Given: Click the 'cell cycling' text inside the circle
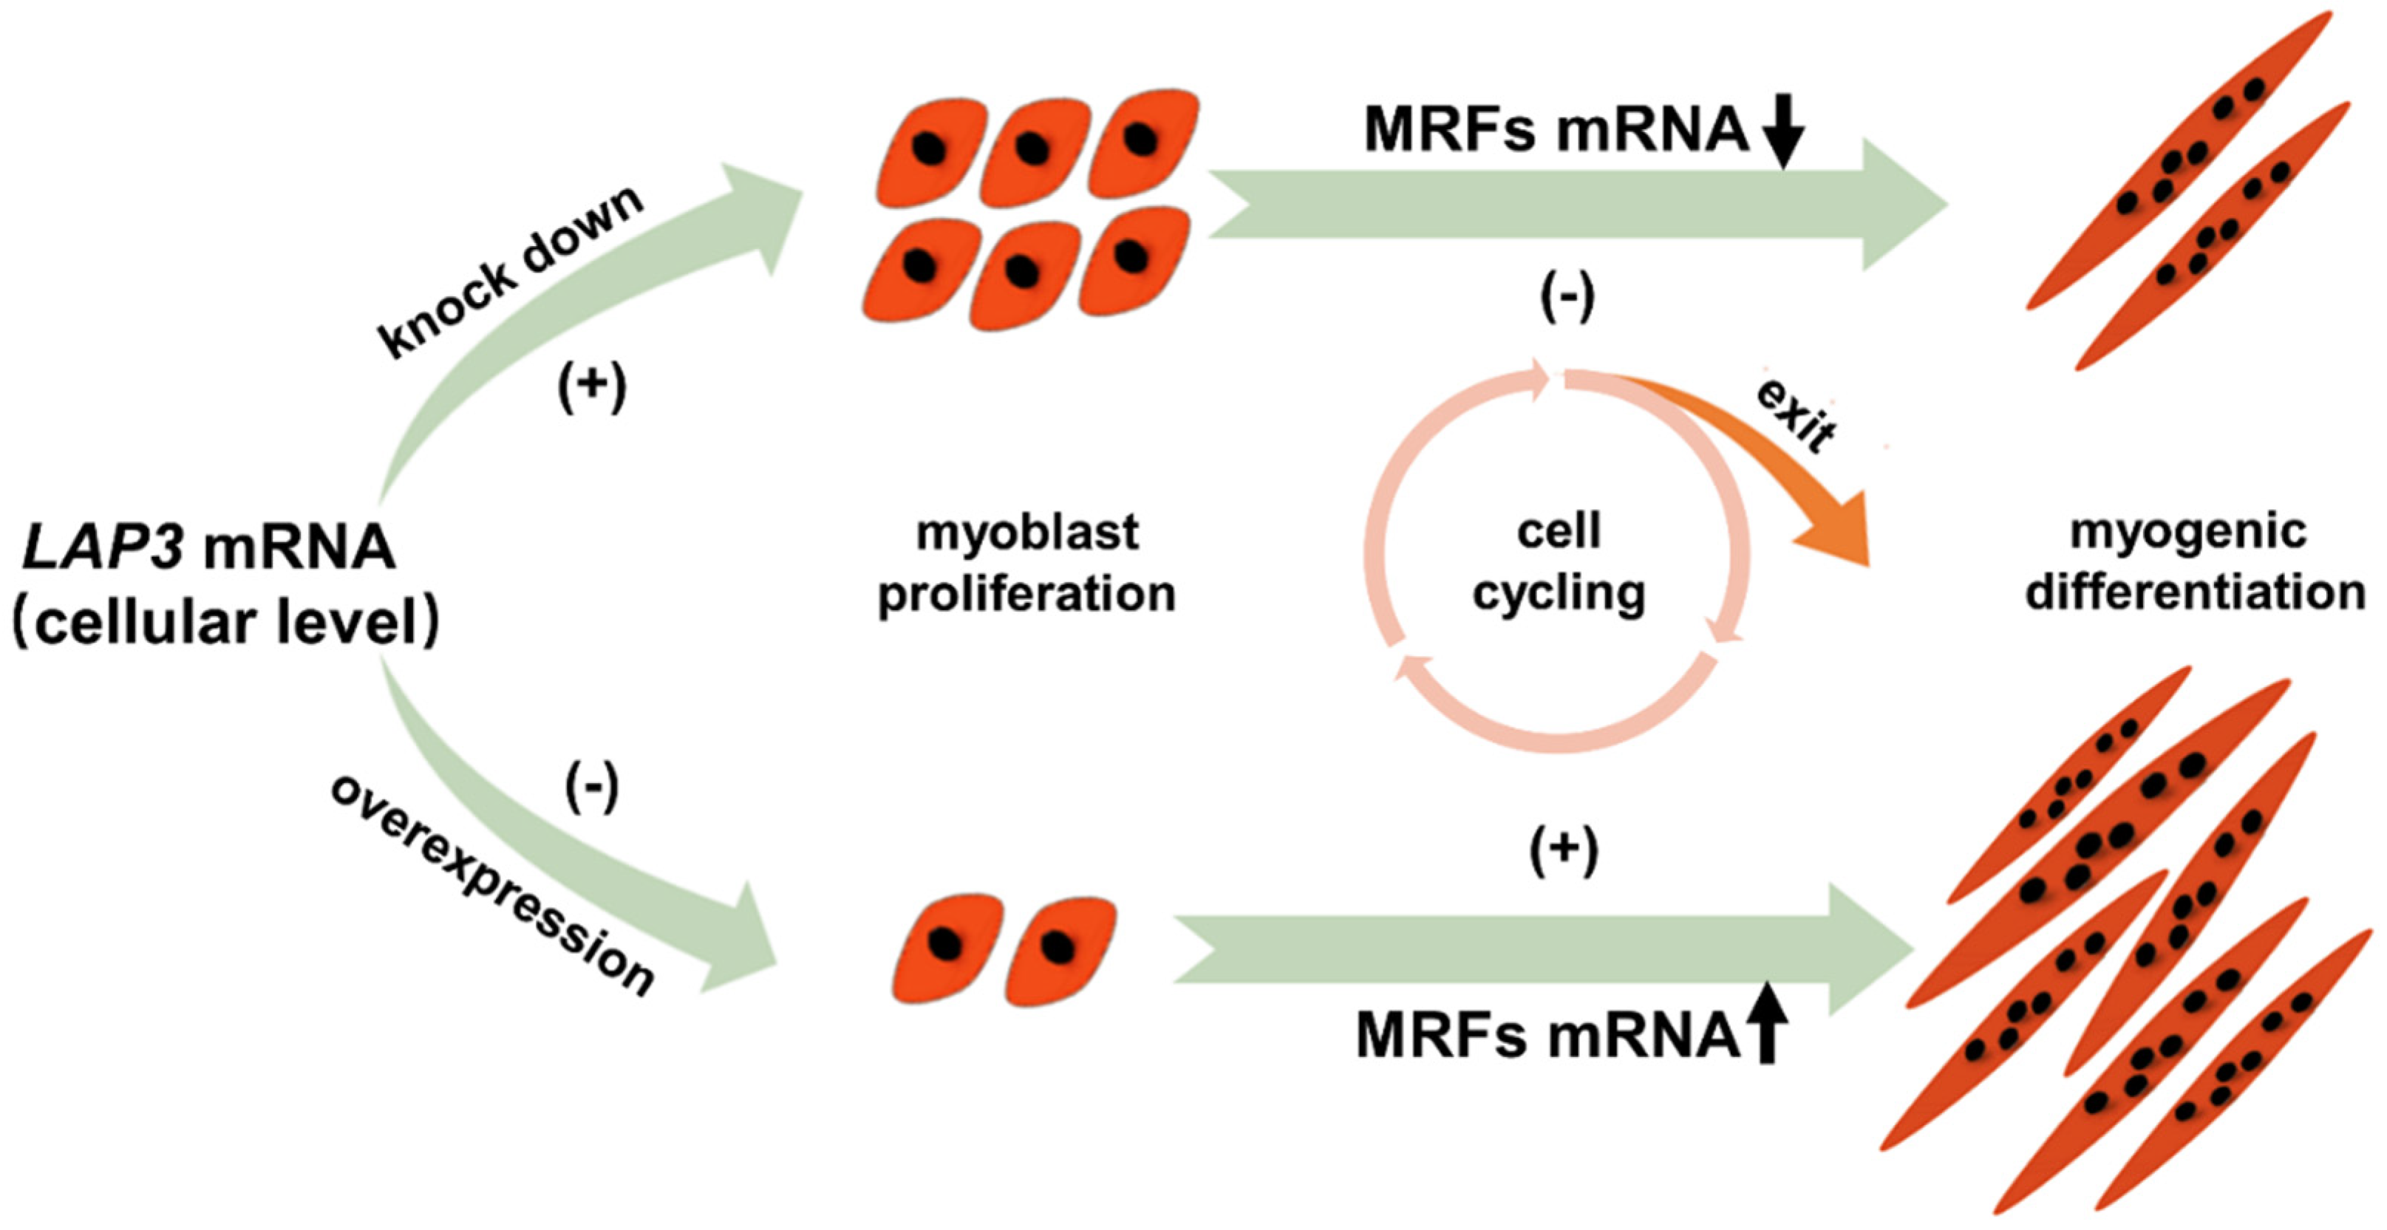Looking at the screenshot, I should click(1559, 562).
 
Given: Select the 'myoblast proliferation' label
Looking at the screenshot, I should click(1026, 562).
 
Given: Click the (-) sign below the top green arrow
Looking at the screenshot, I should click(1567, 298).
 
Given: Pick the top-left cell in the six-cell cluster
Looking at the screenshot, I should click(931, 151).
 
